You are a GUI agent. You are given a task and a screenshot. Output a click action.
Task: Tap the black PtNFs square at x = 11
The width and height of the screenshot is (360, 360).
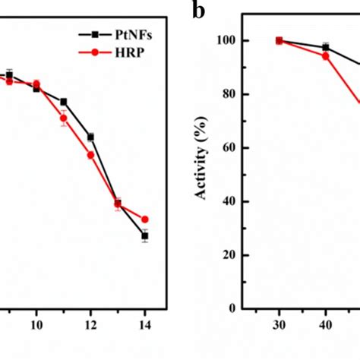[64, 102]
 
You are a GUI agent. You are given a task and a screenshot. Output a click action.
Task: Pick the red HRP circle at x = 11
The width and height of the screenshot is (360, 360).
[64, 118]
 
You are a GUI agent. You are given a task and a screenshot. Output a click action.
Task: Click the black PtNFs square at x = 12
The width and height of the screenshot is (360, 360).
[91, 137]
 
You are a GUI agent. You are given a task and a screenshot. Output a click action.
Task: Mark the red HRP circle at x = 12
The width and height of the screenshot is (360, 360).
[91, 155]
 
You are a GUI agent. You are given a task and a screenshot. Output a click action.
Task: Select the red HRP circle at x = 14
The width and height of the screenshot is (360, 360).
[145, 219]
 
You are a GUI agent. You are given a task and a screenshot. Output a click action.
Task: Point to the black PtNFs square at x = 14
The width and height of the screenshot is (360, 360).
[145, 236]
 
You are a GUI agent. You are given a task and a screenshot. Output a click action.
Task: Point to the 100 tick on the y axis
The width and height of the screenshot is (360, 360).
[226, 40]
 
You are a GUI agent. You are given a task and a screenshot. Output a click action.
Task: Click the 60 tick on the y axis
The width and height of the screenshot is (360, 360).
[229, 148]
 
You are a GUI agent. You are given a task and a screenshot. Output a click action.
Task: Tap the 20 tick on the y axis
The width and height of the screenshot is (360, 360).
[229, 255]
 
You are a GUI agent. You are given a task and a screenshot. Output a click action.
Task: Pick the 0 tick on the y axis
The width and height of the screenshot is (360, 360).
[232, 308]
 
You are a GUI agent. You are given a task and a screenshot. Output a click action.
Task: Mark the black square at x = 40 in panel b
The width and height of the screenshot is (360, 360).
[326, 48]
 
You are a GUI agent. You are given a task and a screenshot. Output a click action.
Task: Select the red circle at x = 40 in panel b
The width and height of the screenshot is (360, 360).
[326, 56]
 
